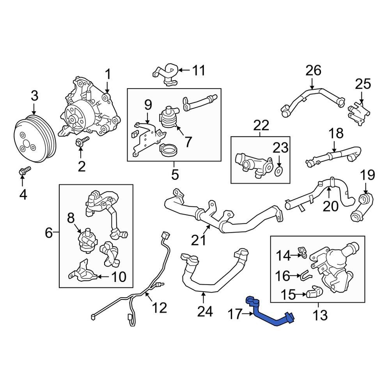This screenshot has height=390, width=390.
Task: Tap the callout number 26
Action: coord(313,71)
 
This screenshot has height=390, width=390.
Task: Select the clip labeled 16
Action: coord(306,276)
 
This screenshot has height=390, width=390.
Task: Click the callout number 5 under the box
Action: coord(175,174)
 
